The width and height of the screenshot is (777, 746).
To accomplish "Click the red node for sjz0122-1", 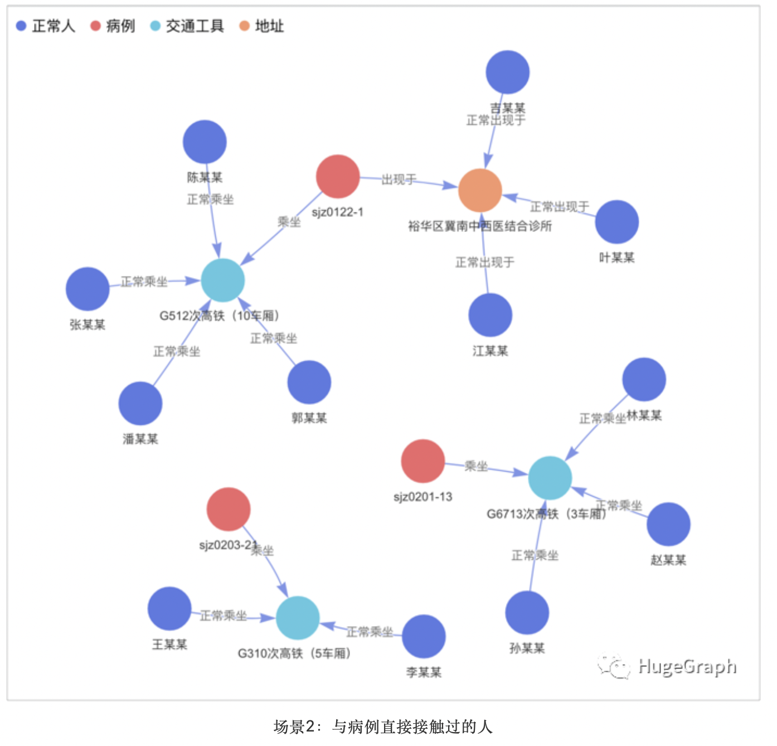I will click(x=338, y=177).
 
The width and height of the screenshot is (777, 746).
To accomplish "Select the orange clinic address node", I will click(x=480, y=191).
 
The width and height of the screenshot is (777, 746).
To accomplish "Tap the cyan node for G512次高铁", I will click(x=222, y=280).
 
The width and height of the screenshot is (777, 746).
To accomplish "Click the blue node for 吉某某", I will click(x=507, y=72).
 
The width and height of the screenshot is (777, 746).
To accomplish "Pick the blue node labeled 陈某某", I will click(x=205, y=142).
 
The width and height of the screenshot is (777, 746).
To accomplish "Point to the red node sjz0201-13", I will click(x=423, y=461).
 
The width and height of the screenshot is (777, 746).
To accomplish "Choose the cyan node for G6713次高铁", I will click(x=550, y=478).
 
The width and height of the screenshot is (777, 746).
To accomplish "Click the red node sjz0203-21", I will click(x=229, y=509).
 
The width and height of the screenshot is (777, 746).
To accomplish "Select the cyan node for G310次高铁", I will click(x=298, y=618).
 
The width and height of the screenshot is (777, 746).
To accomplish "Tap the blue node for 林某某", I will click(x=644, y=380).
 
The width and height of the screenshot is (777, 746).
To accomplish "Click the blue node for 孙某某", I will click(x=527, y=613).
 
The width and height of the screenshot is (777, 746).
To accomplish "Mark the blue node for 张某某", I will click(x=88, y=289).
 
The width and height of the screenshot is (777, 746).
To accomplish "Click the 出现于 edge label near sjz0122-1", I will click(x=399, y=180).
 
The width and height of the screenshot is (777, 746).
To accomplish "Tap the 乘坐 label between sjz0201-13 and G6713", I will click(x=476, y=466).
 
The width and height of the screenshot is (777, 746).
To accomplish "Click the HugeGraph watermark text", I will click(x=687, y=666).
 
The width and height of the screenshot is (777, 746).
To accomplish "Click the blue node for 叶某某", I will click(x=616, y=222).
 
